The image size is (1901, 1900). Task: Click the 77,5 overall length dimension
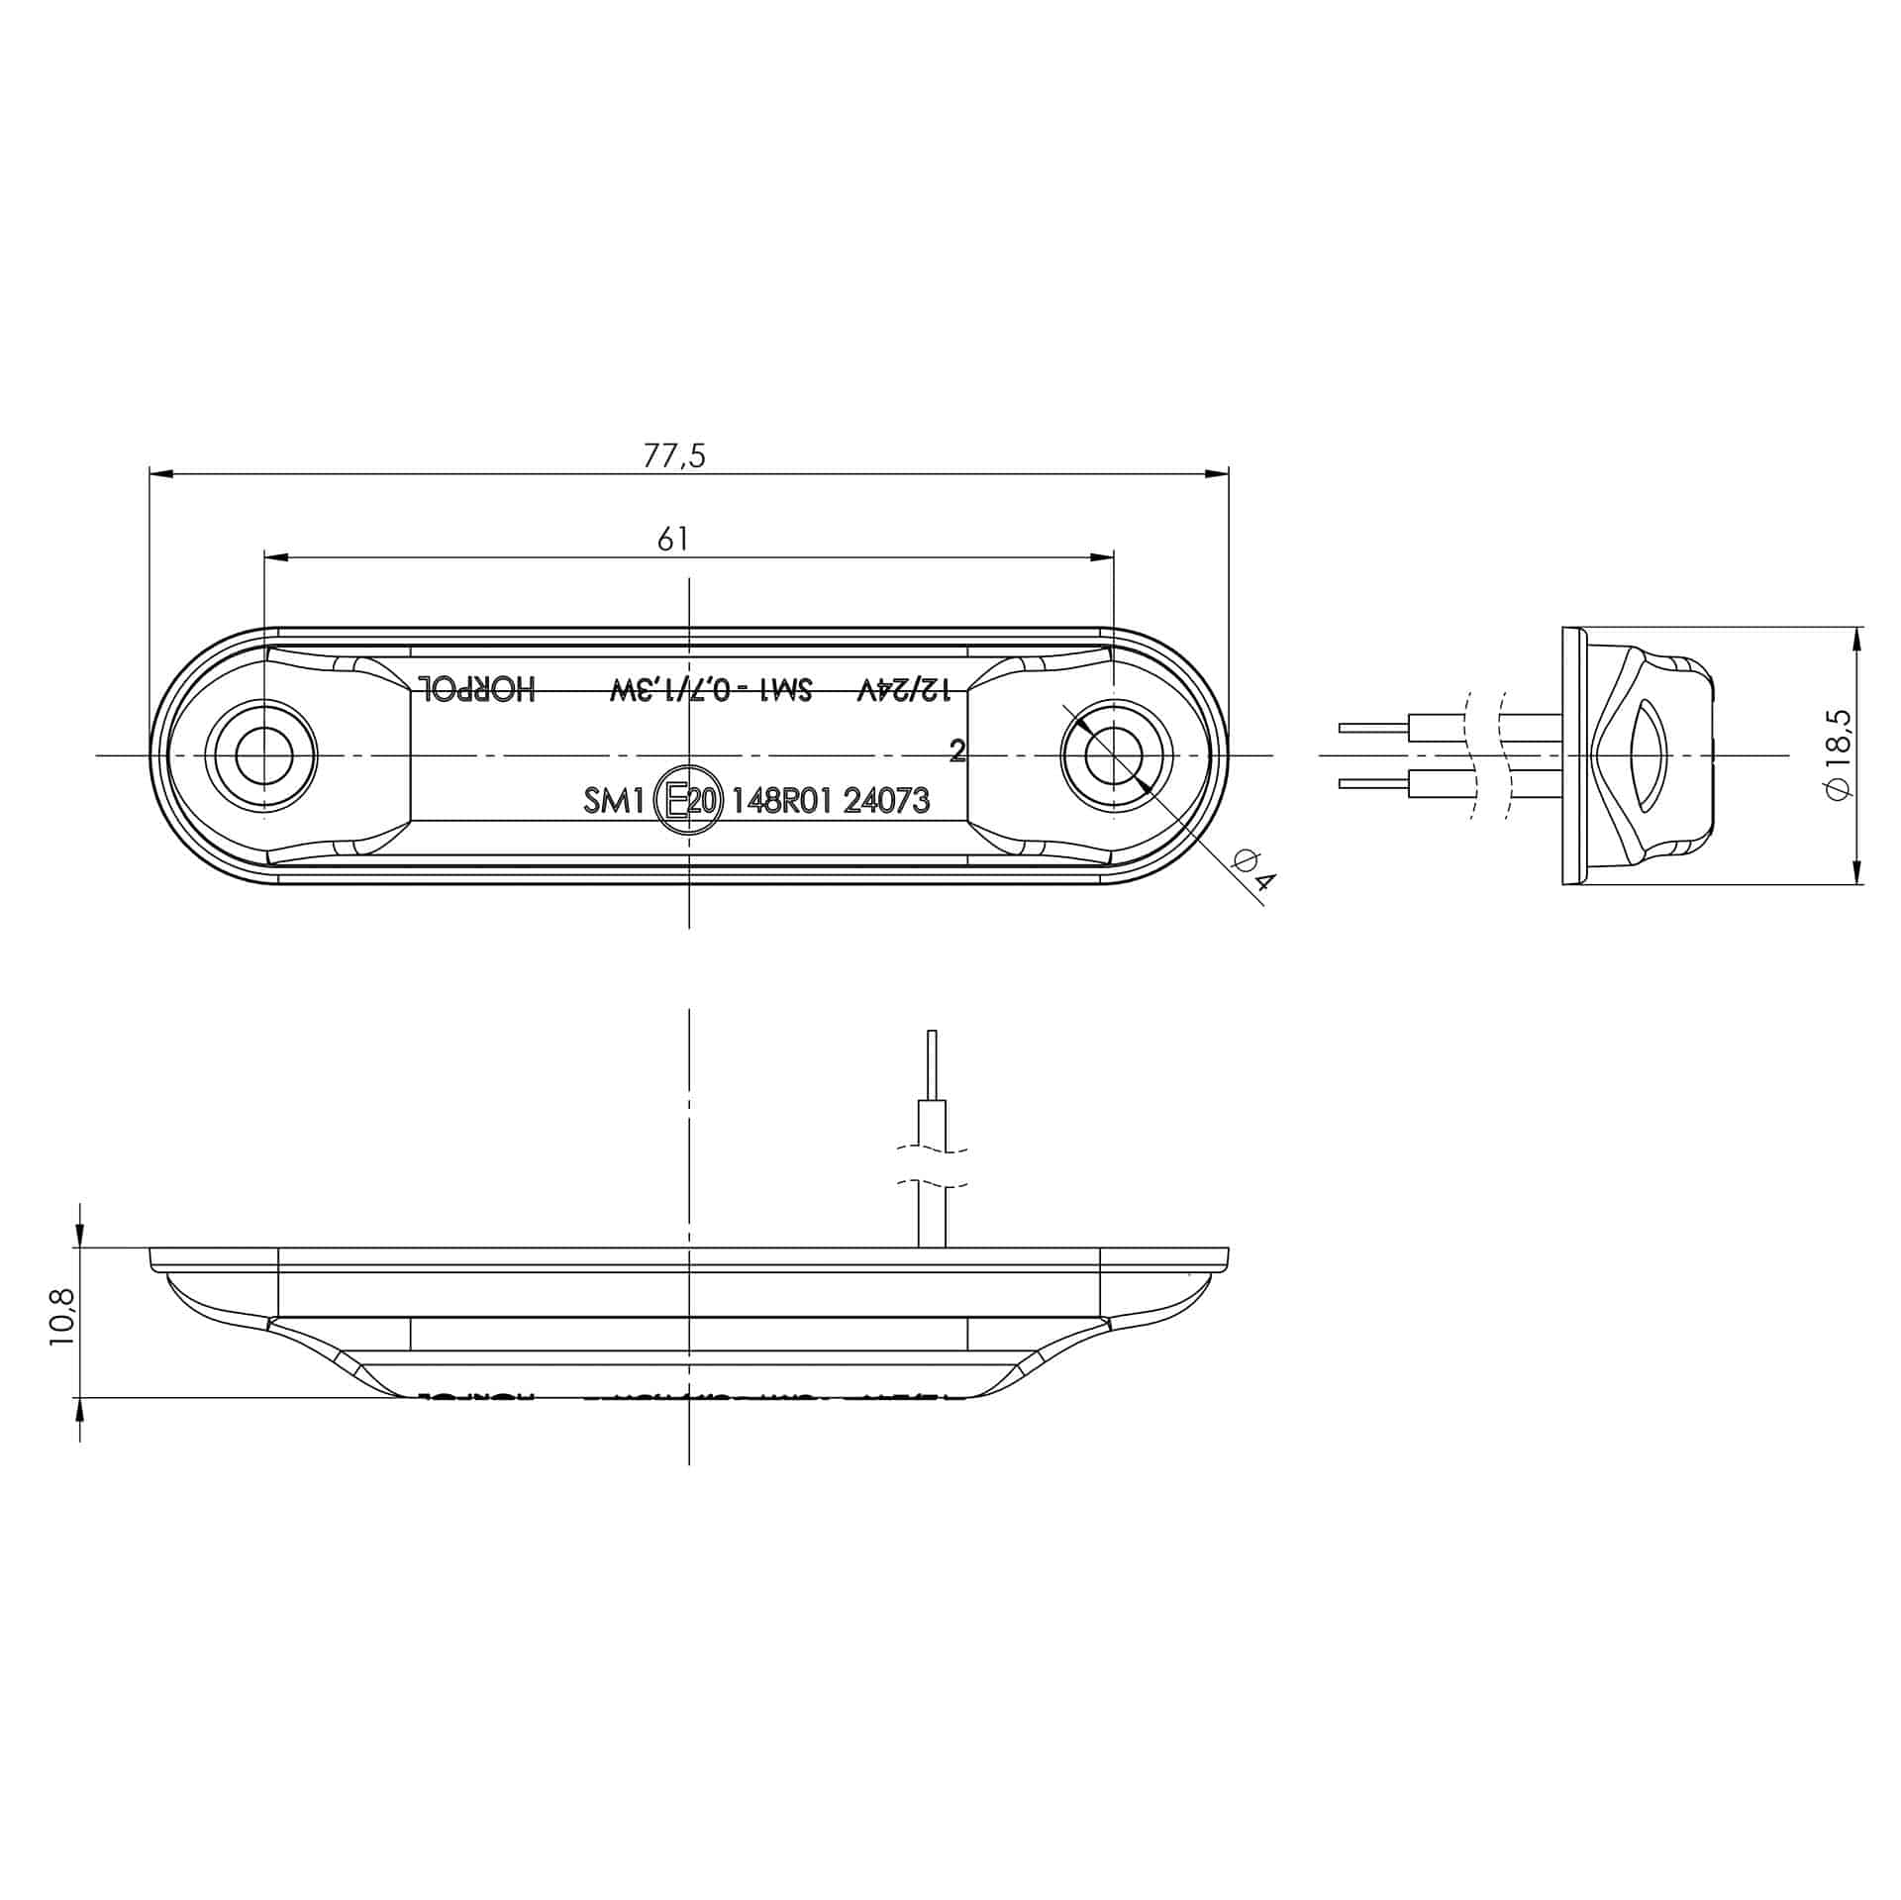click(674, 456)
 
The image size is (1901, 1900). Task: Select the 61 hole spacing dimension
click(672, 540)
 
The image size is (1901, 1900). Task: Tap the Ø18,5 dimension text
click(1840, 755)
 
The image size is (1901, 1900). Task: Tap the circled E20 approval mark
click(690, 800)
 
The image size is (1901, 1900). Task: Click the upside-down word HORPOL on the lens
click(477, 689)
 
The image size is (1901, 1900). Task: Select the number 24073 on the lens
click(886, 801)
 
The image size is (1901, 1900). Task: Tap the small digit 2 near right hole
click(956, 751)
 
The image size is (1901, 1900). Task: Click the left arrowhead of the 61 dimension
click(276, 558)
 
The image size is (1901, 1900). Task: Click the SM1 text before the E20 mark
click(614, 801)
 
